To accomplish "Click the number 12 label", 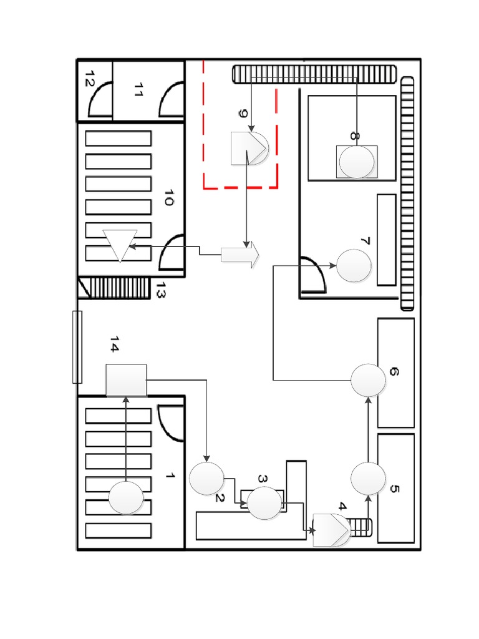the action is click(x=89, y=78).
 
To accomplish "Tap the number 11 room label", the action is click(x=138, y=92).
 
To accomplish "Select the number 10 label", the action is click(x=167, y=198).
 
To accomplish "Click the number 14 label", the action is click(x=115, y=344).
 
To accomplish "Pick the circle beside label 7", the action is click(x=354, y=265).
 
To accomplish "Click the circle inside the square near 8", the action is click(x=356, y=162).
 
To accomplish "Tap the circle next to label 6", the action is click(x=368, y=380).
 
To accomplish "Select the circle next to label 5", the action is click(x=368, y=479).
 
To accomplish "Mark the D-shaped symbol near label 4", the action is click(x=331, y=530).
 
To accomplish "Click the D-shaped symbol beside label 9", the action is click(x=249, y=148).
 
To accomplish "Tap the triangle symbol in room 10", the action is click(x=120, y=245).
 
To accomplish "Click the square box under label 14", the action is click(x=126, y=380).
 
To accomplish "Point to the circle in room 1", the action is click(x=126, y=498).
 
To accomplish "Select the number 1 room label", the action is click(x=169, y=476).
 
